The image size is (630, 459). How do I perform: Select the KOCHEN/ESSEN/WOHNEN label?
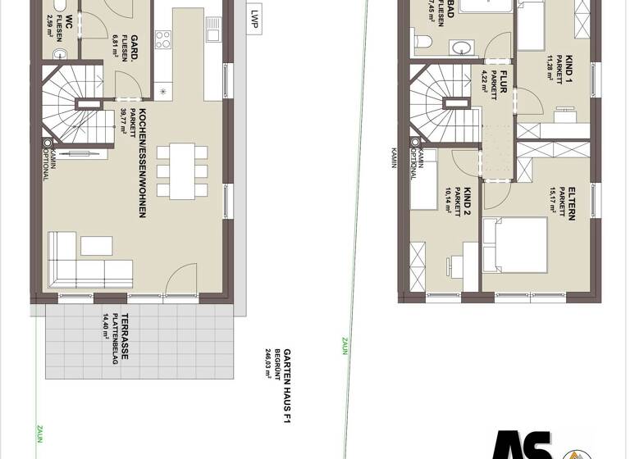[x=143, y=164]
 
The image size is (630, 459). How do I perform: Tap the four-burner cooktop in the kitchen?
[x=162, y=39]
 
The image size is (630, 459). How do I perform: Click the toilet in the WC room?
[x=57, y=53]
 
